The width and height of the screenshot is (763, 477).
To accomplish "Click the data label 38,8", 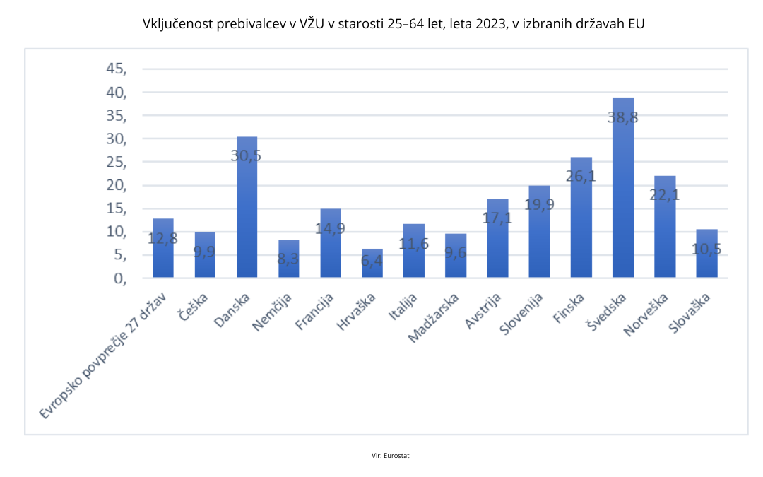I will point(623,117).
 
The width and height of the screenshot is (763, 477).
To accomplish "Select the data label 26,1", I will point(581,177).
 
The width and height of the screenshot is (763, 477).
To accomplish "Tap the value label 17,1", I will point(497,218).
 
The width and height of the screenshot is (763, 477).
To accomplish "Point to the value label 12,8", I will point(162,238).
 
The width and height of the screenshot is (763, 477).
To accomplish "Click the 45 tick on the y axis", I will point(116,69).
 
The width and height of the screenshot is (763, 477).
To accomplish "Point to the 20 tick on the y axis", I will point(116,186).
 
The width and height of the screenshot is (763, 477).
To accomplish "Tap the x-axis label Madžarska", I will point(432,321).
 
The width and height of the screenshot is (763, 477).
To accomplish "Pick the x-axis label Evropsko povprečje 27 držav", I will point(102,358).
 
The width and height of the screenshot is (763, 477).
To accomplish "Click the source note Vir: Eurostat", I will point(391,456).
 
